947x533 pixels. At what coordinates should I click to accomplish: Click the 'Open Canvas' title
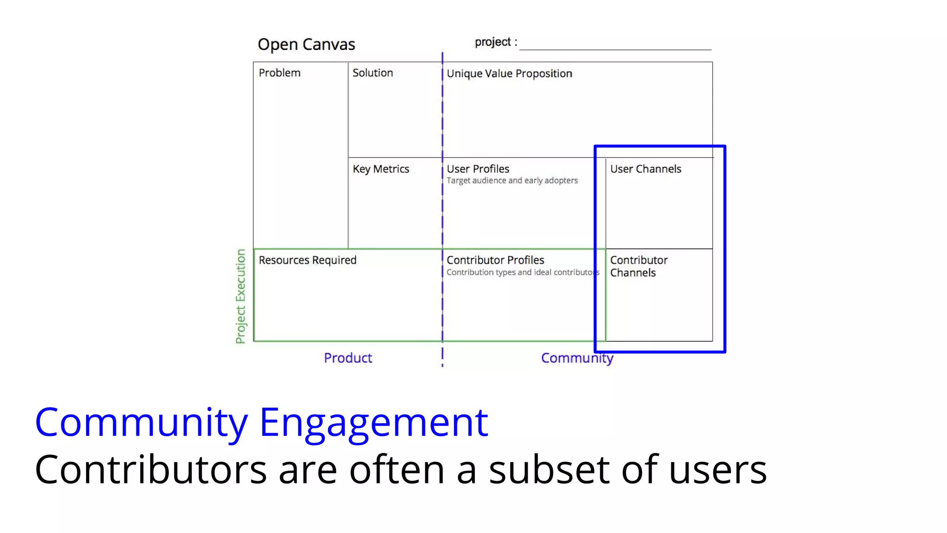[306, 44]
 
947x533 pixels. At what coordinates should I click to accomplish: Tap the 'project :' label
[496, 42]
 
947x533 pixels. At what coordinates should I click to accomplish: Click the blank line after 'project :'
[615, 46]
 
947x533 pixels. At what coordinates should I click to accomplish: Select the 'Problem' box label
[279, 73]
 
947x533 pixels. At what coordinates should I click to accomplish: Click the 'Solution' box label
[373, 73]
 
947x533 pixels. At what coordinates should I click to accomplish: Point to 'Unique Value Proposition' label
[509, 74]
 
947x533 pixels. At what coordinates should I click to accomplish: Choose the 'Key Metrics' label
[381, 169]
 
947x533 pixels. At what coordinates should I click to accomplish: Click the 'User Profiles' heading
[478, 169]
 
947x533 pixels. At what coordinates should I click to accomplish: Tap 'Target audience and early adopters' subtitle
[512, 180]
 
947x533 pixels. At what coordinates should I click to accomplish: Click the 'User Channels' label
[646, 169]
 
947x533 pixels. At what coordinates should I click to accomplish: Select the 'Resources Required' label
[307, 260]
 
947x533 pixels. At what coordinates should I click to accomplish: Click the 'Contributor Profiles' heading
[495, 260]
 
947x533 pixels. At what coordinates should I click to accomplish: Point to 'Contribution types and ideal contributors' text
[523, 273]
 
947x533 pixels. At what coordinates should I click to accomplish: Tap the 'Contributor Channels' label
[638, 266]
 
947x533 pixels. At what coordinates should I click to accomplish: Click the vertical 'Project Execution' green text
[240, 296]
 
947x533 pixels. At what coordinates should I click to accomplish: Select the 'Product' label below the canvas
[348, 358]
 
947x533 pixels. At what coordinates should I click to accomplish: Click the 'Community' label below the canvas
[577, 358]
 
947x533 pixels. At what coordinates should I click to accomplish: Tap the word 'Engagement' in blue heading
[373, 422]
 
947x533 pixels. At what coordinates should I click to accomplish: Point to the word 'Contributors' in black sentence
[151, 470]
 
